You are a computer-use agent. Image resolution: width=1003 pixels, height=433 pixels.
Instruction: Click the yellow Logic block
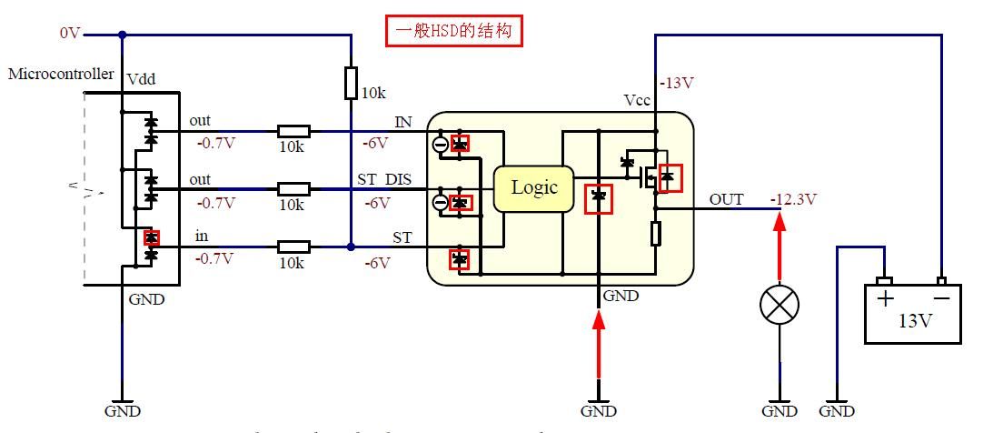(x=533, y=188)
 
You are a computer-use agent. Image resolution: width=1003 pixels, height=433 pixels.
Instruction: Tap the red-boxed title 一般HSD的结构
(x=455, y=32)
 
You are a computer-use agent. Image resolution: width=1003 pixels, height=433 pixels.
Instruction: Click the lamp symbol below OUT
(x=779, y=306)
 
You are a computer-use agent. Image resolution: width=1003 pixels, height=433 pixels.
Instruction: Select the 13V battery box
(x=912, y=313)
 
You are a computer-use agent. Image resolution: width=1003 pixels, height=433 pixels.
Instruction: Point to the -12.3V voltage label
(x=793, y=199)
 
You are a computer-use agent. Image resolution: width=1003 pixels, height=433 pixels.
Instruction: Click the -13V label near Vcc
(x=676, y=83)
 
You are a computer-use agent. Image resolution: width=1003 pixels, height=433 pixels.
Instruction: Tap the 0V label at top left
(x=70, y=33)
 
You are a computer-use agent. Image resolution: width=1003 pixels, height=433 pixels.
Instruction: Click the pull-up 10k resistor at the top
(x=351, y=83)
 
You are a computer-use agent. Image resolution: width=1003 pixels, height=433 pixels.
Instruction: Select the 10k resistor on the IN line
(x=293, y=131)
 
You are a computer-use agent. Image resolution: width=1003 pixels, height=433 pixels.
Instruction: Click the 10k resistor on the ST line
(x=293, y=246)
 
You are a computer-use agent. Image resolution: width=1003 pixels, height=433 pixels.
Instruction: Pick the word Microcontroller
(x=61, y=74)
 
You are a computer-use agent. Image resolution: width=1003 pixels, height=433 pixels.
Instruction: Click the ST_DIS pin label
(x=383, y=180)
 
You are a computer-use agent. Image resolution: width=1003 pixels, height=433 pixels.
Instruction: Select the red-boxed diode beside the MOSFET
(x=669, y=177)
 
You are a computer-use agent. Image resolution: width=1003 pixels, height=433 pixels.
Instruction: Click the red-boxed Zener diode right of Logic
(x=598, y=197)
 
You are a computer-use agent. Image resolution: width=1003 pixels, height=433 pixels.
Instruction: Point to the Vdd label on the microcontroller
(x=142, y=80)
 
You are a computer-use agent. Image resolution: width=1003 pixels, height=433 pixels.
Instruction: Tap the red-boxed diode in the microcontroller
(x=152, y=237)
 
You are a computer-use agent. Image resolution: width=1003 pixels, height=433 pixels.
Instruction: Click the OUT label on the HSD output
(x=726, y=199)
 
